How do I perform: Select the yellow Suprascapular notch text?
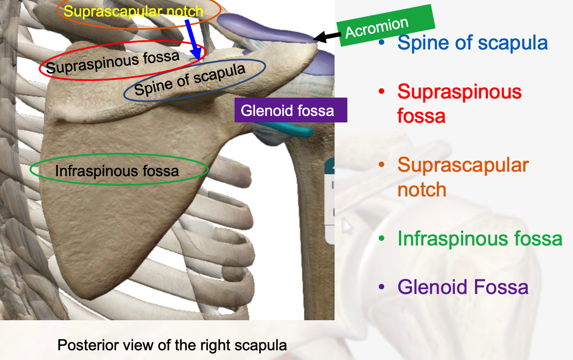[x=134, y=11]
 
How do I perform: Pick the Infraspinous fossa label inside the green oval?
[x=117, y=171]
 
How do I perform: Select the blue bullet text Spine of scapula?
[x=472, y=43]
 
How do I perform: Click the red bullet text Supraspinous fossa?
[x=459, y=103]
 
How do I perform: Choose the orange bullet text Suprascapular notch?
[x=463, y=177]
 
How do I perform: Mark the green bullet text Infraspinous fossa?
[x=480, y=238]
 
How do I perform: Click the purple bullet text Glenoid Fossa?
[x=462, y=287]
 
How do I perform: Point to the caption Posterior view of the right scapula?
[x=172, y=345]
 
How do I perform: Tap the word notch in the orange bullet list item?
[x=421, y=189]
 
